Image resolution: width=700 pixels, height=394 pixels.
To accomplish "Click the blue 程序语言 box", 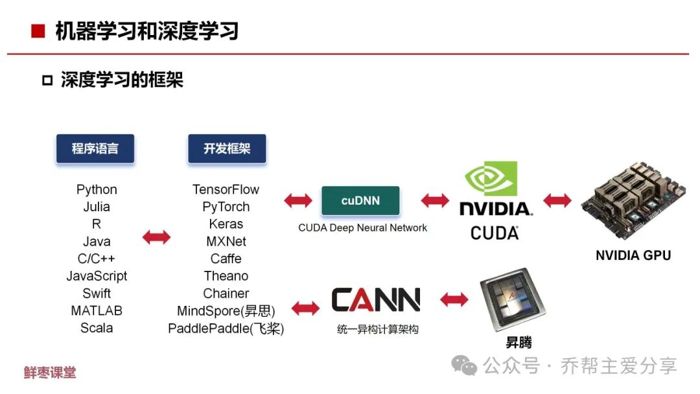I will (x=95, y=149).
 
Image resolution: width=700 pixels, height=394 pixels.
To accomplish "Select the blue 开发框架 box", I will (x=226, y=149).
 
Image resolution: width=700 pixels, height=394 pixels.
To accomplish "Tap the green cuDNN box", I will (x=360, y=201).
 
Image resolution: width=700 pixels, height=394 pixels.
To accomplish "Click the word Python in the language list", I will (x=97, y=189).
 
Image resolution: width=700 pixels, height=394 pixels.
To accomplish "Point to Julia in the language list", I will (x=97, y=207).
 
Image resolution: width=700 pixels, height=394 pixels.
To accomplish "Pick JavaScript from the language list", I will (x=97, y=276).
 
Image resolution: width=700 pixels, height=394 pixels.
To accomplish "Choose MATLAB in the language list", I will (x=97, y=310).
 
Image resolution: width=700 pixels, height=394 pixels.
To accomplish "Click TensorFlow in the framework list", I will (x=226, y=189).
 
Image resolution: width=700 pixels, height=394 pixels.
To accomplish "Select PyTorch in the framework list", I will (x=226, y=207).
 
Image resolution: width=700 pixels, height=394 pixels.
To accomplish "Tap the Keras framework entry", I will (x=226, y=224).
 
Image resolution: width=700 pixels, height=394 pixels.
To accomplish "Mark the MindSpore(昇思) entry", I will (x=226, y=311).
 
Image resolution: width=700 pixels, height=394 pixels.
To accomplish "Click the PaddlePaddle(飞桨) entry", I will (x=226, y=329).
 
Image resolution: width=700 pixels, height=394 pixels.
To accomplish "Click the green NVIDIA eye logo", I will (x=492, y=178).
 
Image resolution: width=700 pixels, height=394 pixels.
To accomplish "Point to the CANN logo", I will (x=376, y=300).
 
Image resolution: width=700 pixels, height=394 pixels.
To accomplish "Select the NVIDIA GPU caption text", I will (x=633, y=255).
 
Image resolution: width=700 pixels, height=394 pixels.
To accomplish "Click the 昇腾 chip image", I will (x=512, y=299).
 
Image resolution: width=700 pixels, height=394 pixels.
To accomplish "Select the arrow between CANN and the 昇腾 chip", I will (x=454, y=299).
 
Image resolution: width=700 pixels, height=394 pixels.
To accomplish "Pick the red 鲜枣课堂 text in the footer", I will (x=50, y=373).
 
